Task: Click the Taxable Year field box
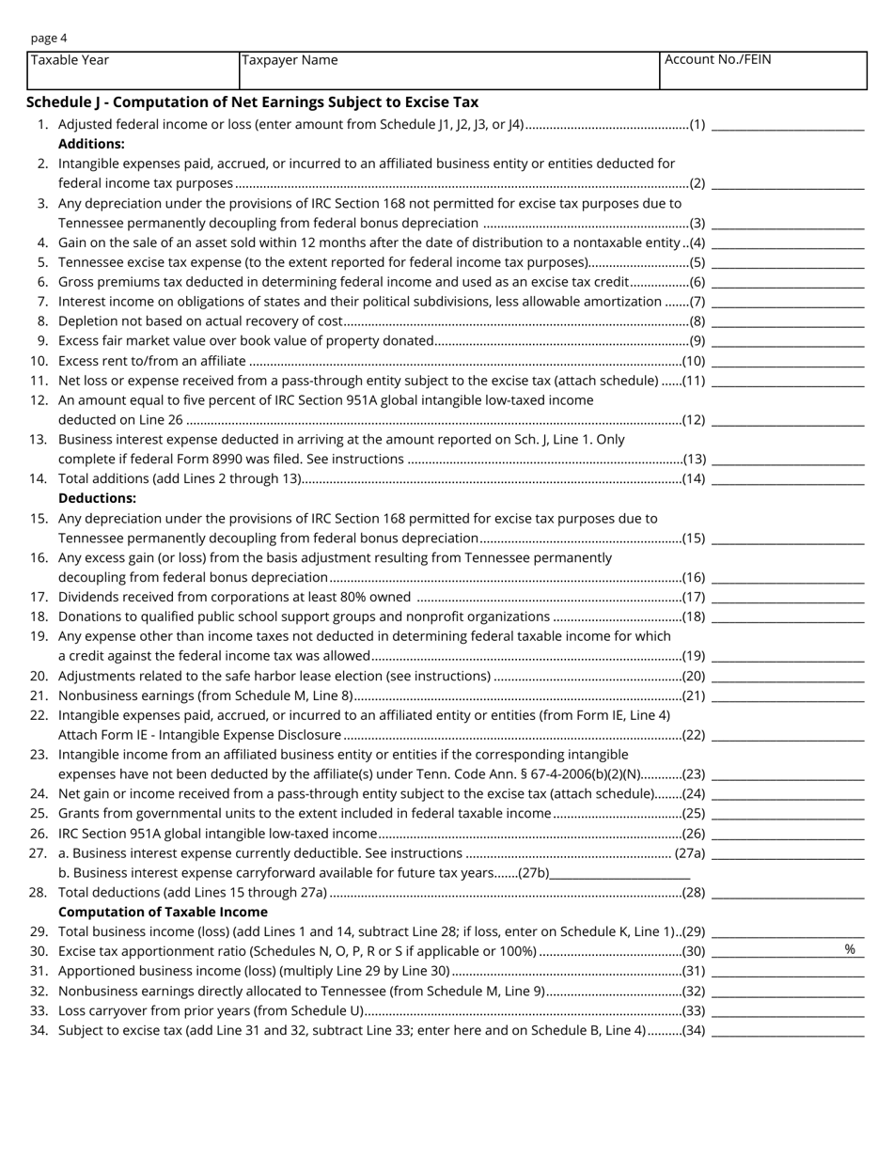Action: tap(133, 71)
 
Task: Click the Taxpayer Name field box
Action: tap(449, 71)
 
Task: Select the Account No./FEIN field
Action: tap(762, 71)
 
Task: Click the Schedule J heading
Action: tap(252, 102)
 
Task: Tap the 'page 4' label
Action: tap(49, 39)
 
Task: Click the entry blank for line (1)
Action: tap(788, 125)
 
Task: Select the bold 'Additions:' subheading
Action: tap(91, 144)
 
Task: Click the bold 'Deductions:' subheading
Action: tap(97, 498)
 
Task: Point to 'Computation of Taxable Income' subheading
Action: tap(163, 912)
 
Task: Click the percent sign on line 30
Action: tap(850, 950)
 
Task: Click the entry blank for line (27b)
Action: tap(620, 873)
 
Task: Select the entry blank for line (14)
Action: tap(788, 479)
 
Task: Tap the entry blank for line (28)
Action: tap(788, 893)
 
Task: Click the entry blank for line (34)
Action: tap(788, 1031)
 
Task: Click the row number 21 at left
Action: tap(39, 695)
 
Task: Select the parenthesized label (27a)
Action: tap(690, 853)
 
